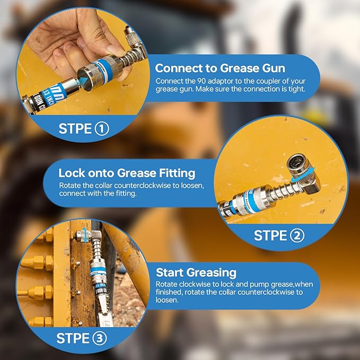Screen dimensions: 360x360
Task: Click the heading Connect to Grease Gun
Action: tap(219, 68)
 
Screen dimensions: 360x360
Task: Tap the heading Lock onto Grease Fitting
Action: tap(127, 173)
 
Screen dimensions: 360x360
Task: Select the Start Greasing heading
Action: tap(196, 273)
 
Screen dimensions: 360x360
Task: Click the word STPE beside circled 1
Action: tap(74, 128)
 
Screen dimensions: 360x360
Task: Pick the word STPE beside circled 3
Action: tap(72, 338)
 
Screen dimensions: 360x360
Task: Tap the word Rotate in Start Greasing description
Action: tap(168, 285)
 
